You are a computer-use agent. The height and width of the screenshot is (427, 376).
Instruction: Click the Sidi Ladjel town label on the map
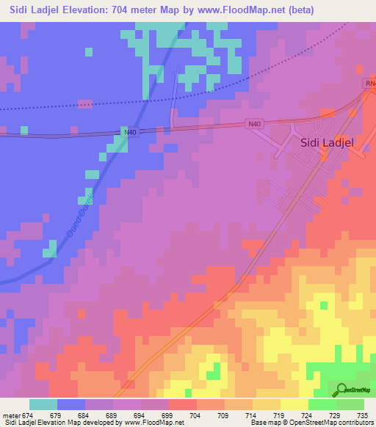click(328, 145)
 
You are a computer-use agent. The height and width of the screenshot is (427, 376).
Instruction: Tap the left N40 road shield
click(130, 132)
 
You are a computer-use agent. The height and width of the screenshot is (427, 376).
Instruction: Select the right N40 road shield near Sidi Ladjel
click(254, 125)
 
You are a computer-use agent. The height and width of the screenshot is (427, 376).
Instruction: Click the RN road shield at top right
click(369, 84)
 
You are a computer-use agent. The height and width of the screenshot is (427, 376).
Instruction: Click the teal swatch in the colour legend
click(43, 404)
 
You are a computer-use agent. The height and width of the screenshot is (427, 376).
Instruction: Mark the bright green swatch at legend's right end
click(350, 404)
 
